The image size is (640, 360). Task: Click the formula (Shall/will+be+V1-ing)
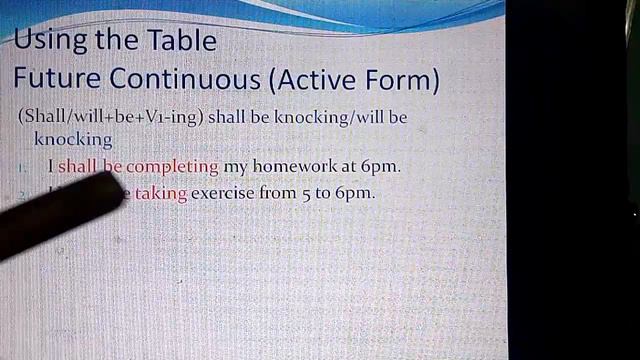coord(110,117)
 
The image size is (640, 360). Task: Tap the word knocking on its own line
coord(72,139)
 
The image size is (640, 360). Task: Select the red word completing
coord(171,166)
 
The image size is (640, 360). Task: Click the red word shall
coord(76,166)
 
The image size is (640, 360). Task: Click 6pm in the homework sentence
coord(381,166)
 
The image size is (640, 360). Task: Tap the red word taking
coord(161,193)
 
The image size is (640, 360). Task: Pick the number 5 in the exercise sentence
coord(308,193)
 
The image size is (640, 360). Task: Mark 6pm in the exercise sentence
coord(355,193)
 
